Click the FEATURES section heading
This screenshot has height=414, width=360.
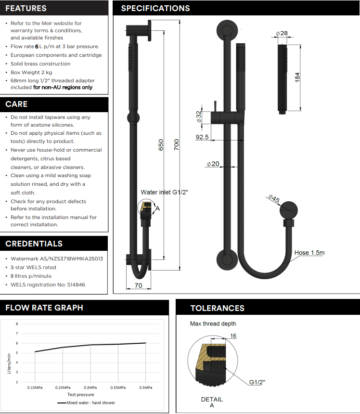[26, 8]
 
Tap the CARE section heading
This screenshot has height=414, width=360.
[16, 104]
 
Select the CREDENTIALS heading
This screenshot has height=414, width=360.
[34, 244]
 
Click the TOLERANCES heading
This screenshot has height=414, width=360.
[217, 308]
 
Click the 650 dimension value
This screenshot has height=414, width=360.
[162, 144]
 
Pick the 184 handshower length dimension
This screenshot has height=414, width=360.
[297, 77]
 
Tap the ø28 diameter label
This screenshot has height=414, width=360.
[282, 33]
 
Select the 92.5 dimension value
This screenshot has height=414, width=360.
[202, 137]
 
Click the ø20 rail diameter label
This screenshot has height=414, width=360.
[213, 164]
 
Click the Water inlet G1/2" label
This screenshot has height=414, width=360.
[164, 192]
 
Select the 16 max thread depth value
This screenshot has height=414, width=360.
[233, 336]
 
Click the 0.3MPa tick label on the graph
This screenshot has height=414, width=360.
[90, 388]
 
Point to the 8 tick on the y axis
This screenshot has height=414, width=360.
[17, 324]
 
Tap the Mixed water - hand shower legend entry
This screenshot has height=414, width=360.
[90, 402]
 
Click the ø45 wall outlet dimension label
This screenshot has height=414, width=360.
[273, 199]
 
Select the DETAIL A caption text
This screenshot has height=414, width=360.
[212, 402]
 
